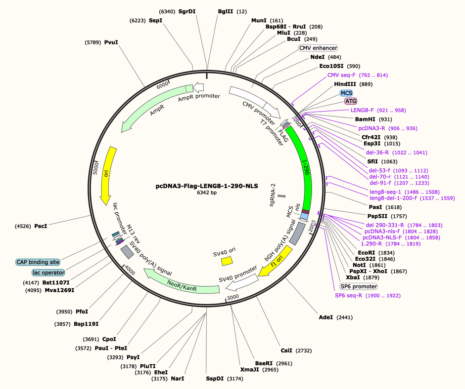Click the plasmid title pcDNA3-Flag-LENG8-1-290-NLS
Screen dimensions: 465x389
[x=207, y=186]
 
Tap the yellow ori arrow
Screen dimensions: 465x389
[x=107, y=175]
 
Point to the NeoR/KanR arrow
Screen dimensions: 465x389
[x=182, y=284]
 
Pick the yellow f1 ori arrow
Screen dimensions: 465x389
[x=276, y=262]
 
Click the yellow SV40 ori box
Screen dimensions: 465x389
[x=227, y=261]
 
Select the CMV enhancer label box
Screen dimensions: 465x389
[x=318, y=48]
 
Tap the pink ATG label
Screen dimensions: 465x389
[x=351, y=101]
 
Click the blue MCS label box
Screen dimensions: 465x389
[x=346, y=93]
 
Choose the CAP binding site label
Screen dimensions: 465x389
[x=38, y=262]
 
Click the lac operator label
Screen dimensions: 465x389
[x=48, y=272]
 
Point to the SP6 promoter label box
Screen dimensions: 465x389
[x=359, y=287]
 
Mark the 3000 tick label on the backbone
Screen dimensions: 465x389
[x=233, y=297]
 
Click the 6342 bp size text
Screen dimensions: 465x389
[x=207, y=193]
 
